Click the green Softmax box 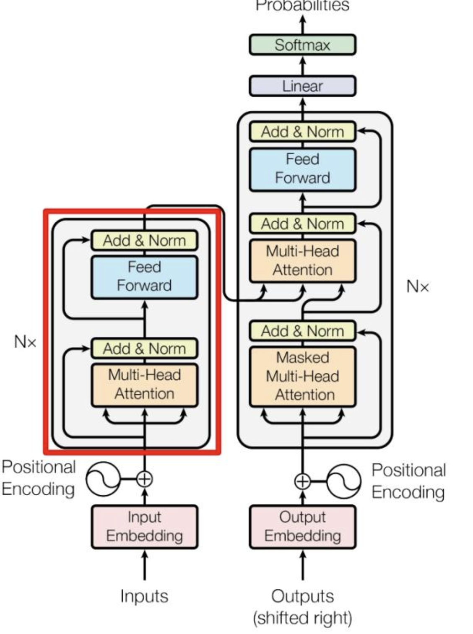pyautogui.click(x=302, y=45)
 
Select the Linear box pyautogui.click(x=302, y=86)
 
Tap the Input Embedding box pyautogui.click(x=144, y=527)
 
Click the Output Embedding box pyautogui.click(x=302, y=527)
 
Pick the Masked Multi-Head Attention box pyautogui.click(x=302, y=376)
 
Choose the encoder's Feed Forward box pyautogui.click(x=144, y=276)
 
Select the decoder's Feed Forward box pyautogui.click(x=302, y=169)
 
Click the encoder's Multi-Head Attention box pyautogui.click(x=144, y=385)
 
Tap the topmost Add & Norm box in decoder pyautogui.click(x=302, y=132)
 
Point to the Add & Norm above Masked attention pyautogui.click(x=302, y=331)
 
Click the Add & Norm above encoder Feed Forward pyautogui.click(x=144, y=240)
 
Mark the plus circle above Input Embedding pyautogui.click(x=144, y=479)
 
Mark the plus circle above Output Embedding pyautogui.click(x=302, y=481)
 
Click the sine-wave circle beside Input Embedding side pyautogui.click(x=102, y=479)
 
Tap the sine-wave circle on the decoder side pyautogui.click(x=343, y=481)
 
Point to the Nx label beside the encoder pyautogui.click(x=25, y=342)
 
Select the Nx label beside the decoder pyautogui.click(x=418, y=286)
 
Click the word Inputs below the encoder pyautogui.click(x=144, y=596)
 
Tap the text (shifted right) pyautogui.click(x=302, y=618)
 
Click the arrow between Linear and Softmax pyautogui.click(x=302, y=65)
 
